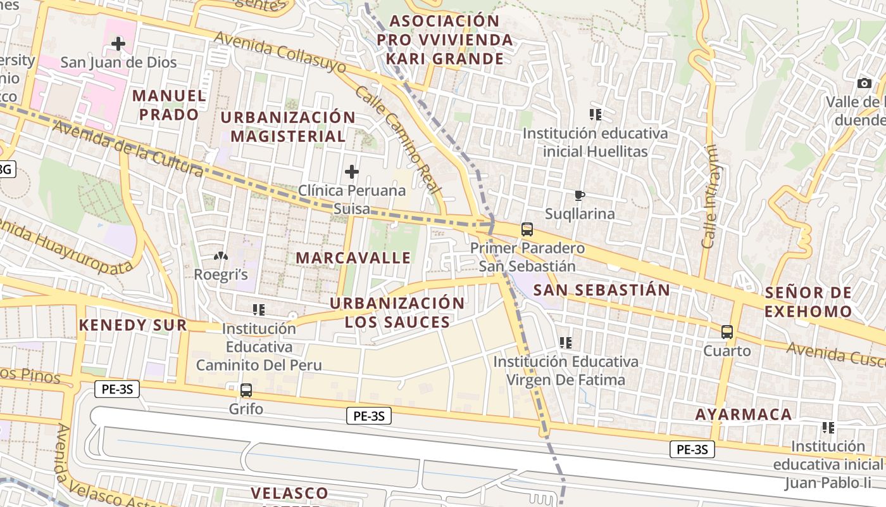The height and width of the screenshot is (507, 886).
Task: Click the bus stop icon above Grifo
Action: (246, 390)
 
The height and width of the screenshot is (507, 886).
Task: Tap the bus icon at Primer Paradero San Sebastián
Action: (527, 229)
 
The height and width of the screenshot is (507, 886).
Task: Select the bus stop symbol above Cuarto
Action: (727, 331)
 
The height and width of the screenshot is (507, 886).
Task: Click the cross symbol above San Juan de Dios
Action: (118, 44)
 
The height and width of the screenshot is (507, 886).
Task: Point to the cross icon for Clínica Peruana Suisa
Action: (351, 171)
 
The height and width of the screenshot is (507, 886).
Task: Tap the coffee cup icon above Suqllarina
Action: (579, 195)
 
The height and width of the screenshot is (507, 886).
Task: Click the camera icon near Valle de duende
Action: (864, 83)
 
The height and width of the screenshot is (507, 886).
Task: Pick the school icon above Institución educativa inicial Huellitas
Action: (595, 115)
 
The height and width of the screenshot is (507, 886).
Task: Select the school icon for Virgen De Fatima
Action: (566, 343)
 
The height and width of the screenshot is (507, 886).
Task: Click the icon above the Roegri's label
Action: (220, 257)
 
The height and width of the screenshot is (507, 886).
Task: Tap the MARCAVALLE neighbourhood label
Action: (353, 258)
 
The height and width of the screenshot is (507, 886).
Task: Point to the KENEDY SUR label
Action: (133, 325)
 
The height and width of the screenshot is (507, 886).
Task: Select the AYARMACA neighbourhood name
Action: (744, 414)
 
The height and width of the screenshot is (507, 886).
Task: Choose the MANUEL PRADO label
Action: (169, 105)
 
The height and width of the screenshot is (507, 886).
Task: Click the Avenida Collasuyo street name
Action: (280, 52)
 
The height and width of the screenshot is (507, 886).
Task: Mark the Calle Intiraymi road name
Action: (710, 196)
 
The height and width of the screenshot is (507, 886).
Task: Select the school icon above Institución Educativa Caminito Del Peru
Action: (258, 310)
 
